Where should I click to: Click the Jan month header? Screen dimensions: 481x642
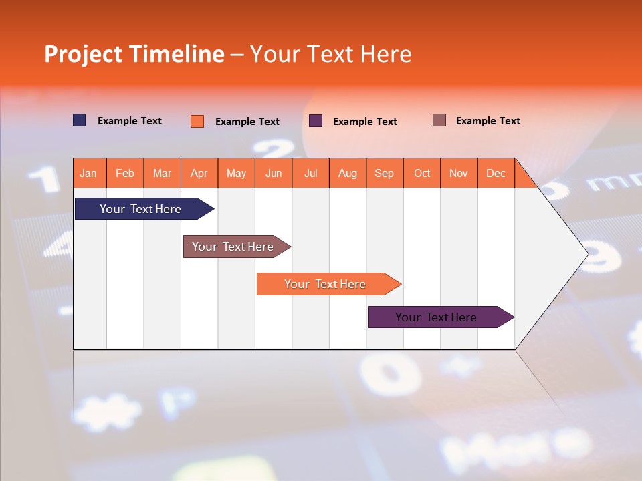(89, 173)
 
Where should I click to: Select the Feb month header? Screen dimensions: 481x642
(125, 173)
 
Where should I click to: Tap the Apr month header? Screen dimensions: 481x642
(199, 173)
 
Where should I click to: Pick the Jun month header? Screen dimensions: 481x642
(274, 173)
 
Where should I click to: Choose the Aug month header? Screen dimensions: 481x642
(348, 173)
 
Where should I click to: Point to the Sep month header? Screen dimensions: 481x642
(385, 173)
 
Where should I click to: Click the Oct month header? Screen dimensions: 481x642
(422, 173)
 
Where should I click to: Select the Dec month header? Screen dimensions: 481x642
(496, 173)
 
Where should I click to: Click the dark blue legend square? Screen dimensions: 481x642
(80, 120)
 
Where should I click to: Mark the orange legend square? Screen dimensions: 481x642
(197, 121)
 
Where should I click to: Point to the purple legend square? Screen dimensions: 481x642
(316, 121)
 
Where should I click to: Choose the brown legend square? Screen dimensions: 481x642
(439, 120)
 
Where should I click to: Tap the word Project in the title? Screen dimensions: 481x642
(83, 54)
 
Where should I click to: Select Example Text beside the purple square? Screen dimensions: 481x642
(365, 122)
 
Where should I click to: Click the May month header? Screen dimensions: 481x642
(236, 173)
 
